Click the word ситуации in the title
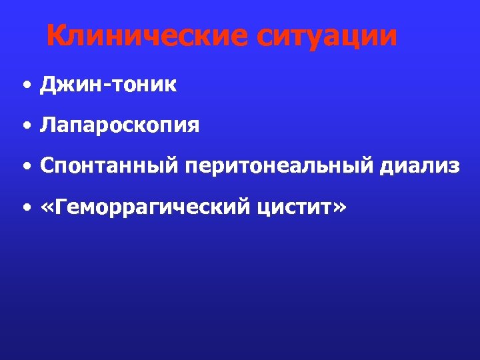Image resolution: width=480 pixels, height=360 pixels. pos(326,37)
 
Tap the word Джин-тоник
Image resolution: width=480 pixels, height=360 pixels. pos(108,85)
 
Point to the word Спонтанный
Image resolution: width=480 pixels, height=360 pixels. pos(109,167)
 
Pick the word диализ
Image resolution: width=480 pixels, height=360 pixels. pos(419,167)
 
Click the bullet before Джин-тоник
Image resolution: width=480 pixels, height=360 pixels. pos(25,86)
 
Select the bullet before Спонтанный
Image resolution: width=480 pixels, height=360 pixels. pos(25,167)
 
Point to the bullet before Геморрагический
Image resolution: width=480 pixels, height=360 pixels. pos(25,209)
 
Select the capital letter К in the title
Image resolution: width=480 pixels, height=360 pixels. pos(57,36)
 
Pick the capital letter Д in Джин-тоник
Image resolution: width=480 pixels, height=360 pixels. pos(48,85)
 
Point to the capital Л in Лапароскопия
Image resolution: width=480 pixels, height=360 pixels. pos(48,125)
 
